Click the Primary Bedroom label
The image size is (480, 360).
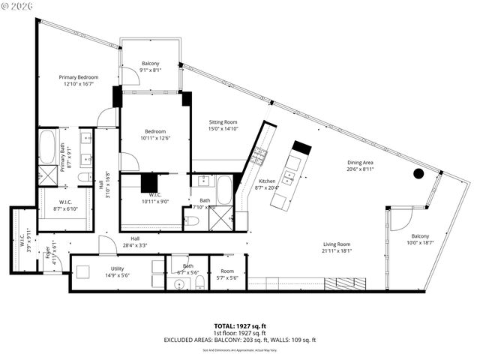point(79,77)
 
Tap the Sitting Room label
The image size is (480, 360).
point(223,121)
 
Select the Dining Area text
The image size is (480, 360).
point(360,163)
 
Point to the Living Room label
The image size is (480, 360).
point(337,244)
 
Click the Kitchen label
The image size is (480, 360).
point(267,181)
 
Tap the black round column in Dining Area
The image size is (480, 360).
point(418,174)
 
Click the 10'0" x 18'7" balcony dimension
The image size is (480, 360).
point(420,242)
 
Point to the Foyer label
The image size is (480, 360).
point(46,253)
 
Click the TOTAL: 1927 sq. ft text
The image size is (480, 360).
point(240,325)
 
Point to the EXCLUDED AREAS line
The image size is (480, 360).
point(240,340)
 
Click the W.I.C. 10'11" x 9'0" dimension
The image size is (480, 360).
point(155,201)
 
